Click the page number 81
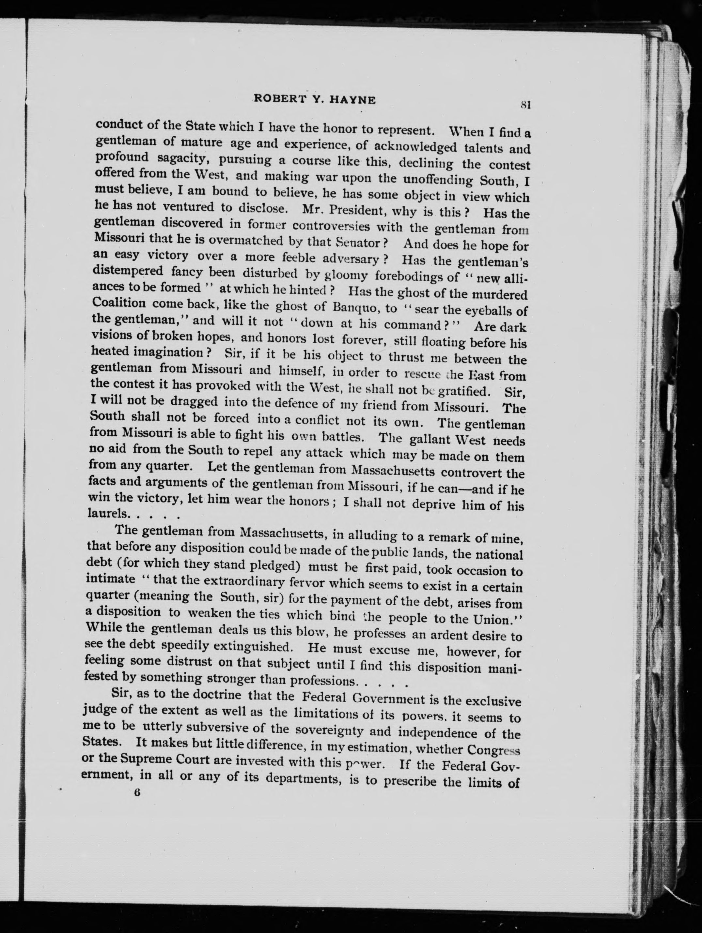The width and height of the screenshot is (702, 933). tap(525, 104)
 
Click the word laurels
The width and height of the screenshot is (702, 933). tap(108, 513)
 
